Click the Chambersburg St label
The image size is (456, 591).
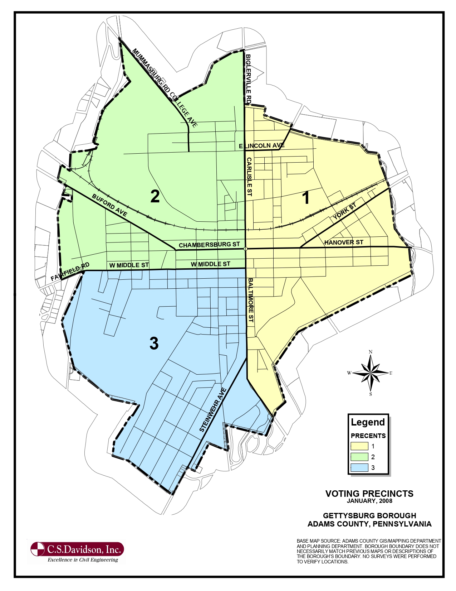209,245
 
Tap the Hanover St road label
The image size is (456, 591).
344,242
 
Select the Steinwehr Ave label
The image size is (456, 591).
213,410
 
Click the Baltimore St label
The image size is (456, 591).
251,300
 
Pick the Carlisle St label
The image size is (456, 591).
249,177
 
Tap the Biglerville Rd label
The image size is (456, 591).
249,79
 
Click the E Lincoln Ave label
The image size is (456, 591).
262,146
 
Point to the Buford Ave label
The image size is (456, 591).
109,205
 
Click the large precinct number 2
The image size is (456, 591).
155,196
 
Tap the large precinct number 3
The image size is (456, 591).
154,343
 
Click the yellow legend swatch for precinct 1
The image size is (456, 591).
359,446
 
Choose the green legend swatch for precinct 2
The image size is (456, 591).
359,457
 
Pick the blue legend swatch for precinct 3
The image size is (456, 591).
359,468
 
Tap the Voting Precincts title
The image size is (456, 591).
369,494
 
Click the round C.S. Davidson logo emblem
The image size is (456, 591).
38,549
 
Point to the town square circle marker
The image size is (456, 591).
245,249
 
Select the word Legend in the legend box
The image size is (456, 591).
368,422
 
